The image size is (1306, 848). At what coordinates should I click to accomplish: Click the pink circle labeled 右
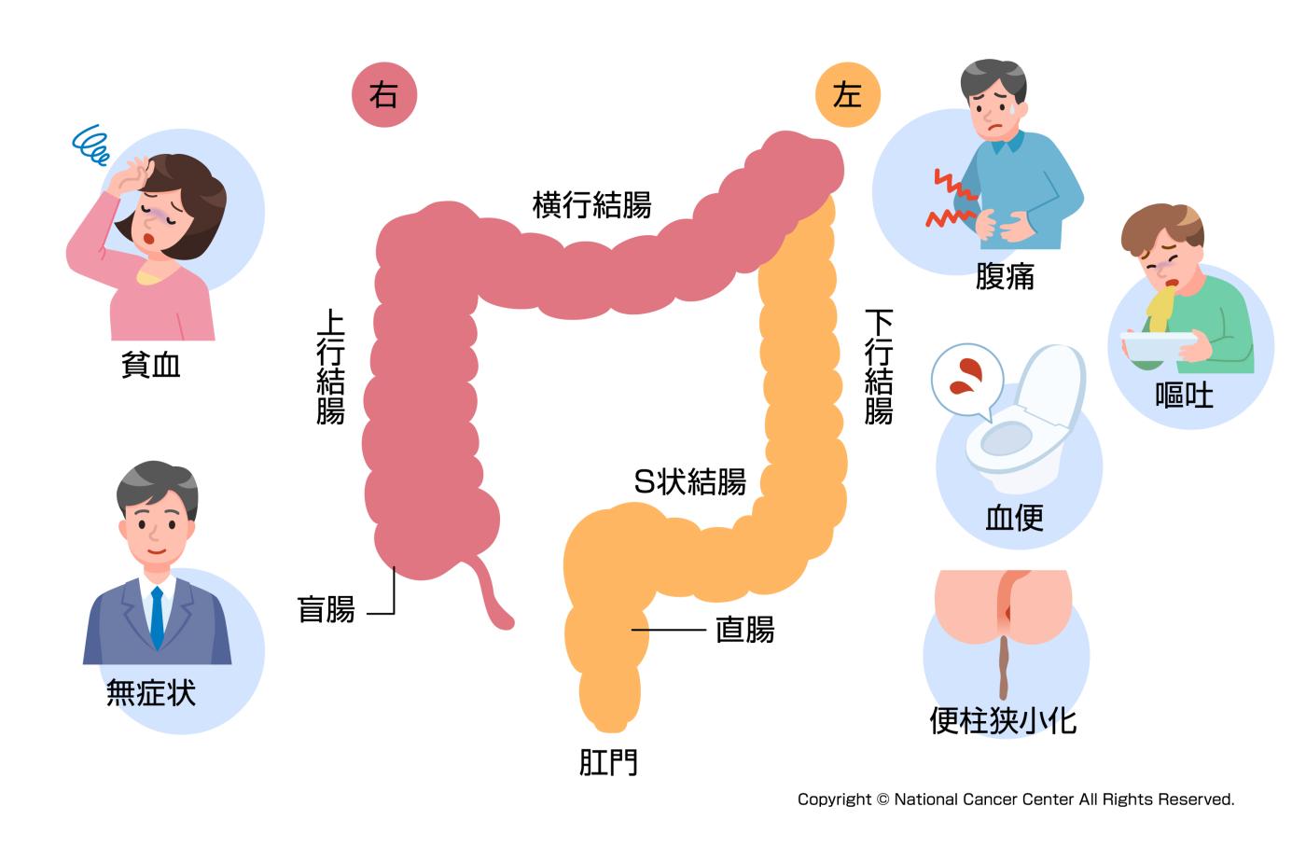point(383,95)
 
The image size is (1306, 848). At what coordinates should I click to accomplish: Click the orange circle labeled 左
point(847,95)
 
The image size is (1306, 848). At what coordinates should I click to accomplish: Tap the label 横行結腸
point(591,204)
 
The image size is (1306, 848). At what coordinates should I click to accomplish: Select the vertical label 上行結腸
point(330,368)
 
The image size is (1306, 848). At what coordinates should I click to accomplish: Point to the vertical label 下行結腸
point(879,368)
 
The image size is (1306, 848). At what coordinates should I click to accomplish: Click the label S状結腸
point(689,481)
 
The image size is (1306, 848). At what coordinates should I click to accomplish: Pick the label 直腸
point(744,630)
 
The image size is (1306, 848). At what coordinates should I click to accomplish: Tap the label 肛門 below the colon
point(608,763)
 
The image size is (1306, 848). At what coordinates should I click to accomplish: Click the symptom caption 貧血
point(151,365)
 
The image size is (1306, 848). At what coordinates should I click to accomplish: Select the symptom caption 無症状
point(151,692)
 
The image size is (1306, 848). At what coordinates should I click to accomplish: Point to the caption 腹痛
point(1005,277)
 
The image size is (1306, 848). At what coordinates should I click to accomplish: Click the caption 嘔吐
point(1184,396)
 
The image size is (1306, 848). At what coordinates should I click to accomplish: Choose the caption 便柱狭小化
point(1003,720)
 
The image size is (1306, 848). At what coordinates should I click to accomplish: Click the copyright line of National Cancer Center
point(1015,799)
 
